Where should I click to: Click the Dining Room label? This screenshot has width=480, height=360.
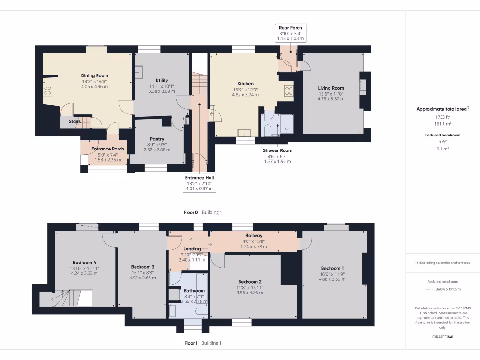coord(95,75)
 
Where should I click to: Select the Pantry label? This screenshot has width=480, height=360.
coord(157,139)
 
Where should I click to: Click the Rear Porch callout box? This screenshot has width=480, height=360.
coord(291,34)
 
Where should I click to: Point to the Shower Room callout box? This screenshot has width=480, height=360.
coord(277,156)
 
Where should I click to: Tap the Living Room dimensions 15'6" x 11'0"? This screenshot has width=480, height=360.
coord(331,93)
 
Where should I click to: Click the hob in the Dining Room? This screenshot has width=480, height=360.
coord(48,90)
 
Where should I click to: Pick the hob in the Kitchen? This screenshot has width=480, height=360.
coord(288,90)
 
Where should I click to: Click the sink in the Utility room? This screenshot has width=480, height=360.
coord(140,72)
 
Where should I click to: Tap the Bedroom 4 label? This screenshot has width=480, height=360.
coord(84,262)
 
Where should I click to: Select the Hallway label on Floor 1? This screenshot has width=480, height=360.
coord(254,235)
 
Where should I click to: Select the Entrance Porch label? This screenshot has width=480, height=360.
coord(107,149)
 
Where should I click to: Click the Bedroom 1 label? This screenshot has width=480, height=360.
coord(332,268)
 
